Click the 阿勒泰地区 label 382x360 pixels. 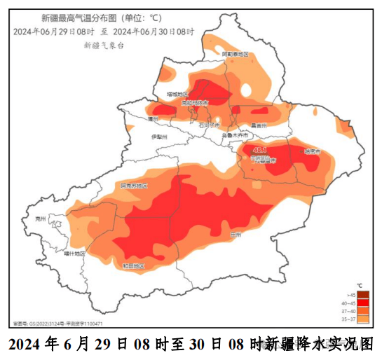click(x=236, y=54)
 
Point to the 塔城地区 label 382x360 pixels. click(x=177, y=94)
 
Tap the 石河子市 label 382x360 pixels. click(x=208, y=125)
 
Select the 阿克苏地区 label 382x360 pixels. click(x=133, y=186)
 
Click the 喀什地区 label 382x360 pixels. click(x=72, y=254)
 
